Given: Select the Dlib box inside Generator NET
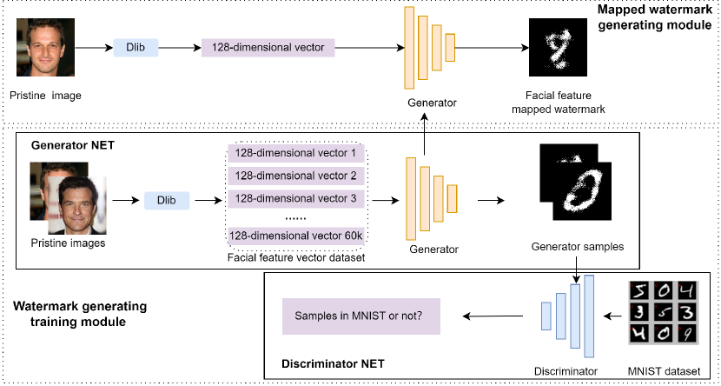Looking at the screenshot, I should pyautogui.click(x=167, y=200).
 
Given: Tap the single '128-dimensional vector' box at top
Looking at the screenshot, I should pyautogui.click(x=268, y=48).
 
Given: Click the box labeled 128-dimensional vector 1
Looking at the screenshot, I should pyautogui.click(x=295, y=153).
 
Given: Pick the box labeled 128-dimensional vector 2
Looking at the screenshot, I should pyautogui.click(x=295, y=176).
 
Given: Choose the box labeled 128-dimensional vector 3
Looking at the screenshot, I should pyautogui.click(x=295, y=198).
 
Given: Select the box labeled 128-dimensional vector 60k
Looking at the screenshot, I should pyautogui.click(x=295, y=235).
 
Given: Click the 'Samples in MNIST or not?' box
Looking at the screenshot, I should pyautogui.click(x=360, y=317).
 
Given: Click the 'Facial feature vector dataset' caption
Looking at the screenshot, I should pyautogui.click(x=294, y=257).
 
